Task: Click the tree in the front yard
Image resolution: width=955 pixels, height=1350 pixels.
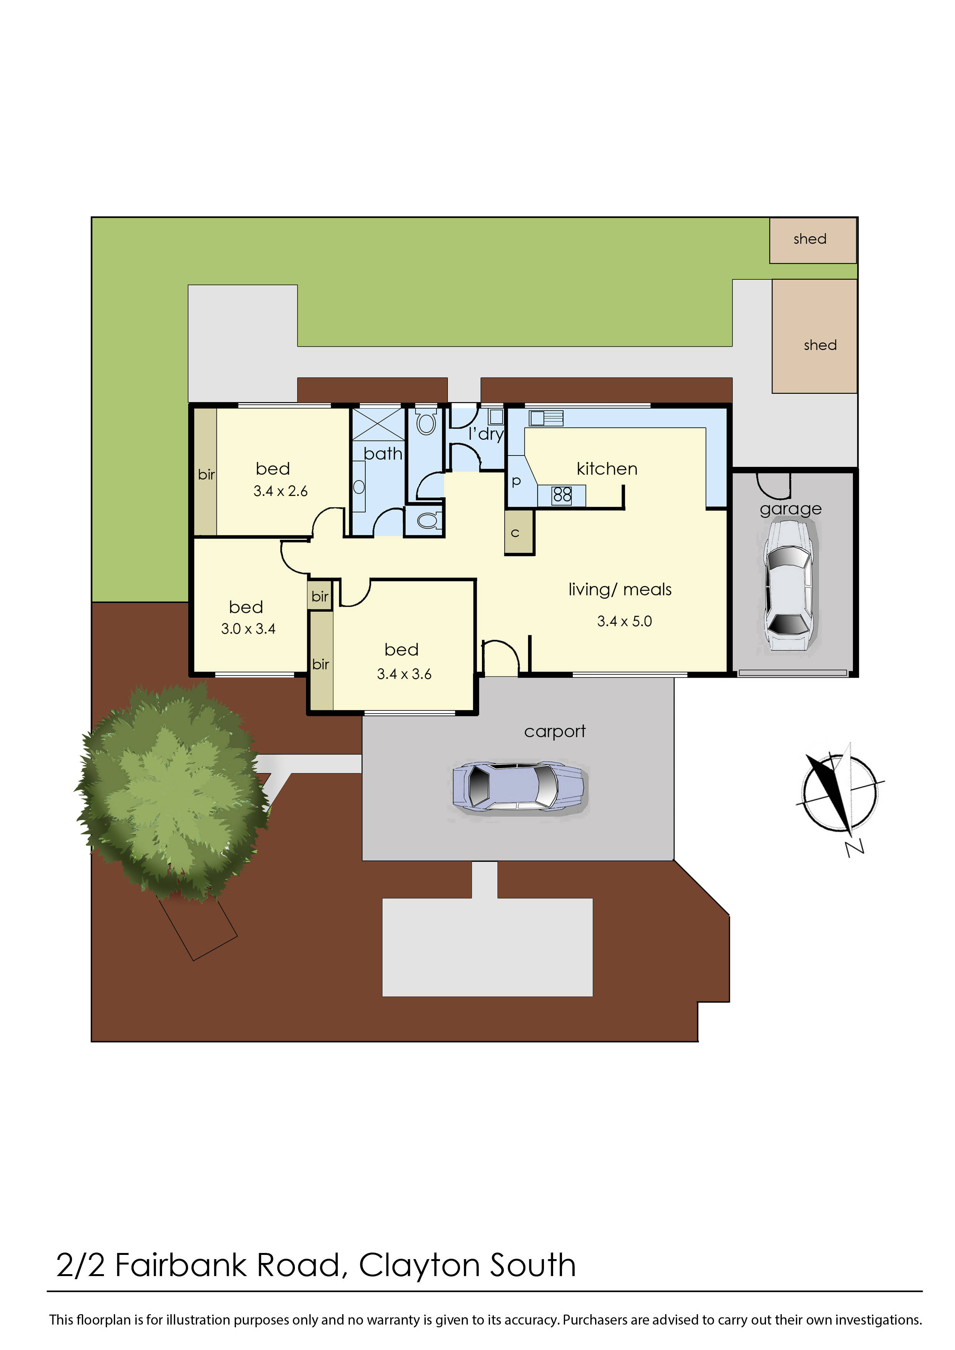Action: (x=172, y=792)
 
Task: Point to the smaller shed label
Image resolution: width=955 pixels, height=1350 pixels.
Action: (x=810, y=239)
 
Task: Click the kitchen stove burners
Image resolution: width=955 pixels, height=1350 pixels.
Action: (x=562, y=495)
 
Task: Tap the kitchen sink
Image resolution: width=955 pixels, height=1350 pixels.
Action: (x=546, y=418)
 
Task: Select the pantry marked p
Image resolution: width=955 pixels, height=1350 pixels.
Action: (x=516, y=481)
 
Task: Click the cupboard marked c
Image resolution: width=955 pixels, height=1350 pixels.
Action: (x=515, y=533)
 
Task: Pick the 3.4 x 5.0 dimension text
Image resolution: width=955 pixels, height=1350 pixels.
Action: (x=624, y=621)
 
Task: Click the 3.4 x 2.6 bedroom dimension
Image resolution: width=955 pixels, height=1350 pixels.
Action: (x=281, y=491)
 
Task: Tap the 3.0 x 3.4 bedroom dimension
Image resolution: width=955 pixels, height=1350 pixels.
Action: (x=248, y=629)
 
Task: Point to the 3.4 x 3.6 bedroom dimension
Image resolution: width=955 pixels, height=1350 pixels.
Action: (x=404, y=674)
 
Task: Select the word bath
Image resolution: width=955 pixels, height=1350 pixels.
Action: (x=383, y=454)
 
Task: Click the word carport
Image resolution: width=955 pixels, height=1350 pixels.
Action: (x=555, y=731)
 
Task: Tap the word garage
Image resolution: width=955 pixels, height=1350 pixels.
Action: (x=790, y=509)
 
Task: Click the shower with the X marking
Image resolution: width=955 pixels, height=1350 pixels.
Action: (x=378, y=424)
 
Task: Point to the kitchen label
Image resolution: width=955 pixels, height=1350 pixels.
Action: (x=607, y=469)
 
